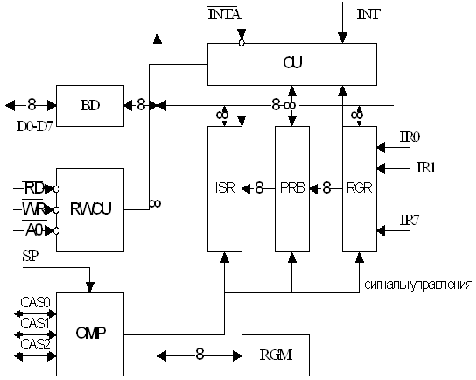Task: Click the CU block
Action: coord(292,64)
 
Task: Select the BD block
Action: coord(90,106)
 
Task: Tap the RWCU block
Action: coord(90,210)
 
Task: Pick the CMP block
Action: coord(90,334)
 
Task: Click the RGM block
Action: coord(276,355)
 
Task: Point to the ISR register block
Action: coord(225,189)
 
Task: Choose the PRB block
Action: coord(292,189)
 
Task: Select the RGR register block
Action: coord(360,189)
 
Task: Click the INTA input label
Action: coord(224,14)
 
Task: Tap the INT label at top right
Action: coord(368,14)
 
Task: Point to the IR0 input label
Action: coord(409,137)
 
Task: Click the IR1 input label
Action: coord(426,168)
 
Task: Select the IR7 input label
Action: coord(409,220)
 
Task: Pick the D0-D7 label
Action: coord(34,127)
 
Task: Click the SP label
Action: coord(31,257)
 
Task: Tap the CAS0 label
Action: coord(35,303)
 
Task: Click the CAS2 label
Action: coord(35,344)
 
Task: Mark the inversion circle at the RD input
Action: coord(56,189)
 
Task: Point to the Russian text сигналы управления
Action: coord(418,285)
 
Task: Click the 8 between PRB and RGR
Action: coord(326,187)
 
